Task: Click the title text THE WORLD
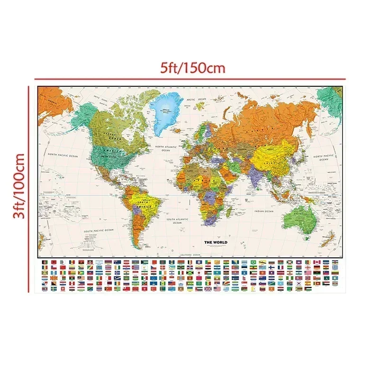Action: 216,243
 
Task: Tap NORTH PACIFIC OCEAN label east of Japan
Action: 324,157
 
